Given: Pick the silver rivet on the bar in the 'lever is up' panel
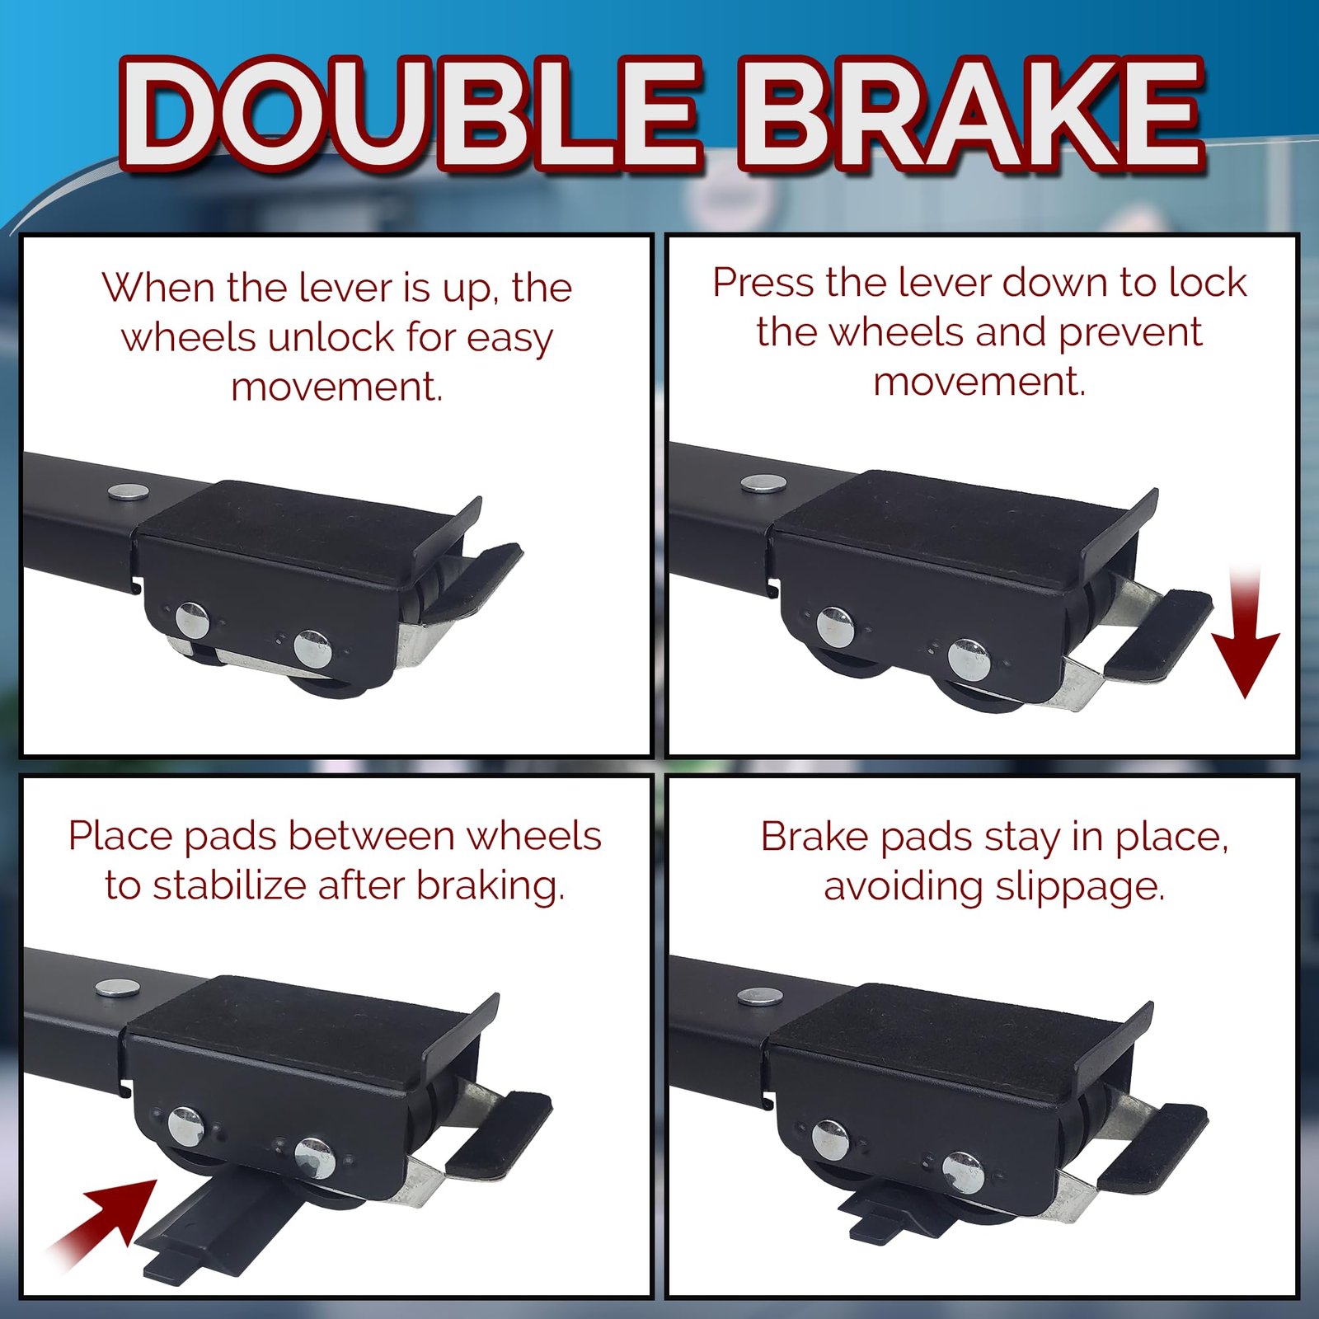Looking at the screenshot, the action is point(129,491).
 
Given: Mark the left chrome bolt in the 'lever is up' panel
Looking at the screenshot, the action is point(192,620).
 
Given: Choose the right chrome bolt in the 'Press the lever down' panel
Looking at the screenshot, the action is point(969,659).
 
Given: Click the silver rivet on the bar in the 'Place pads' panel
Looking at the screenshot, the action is point(117,988).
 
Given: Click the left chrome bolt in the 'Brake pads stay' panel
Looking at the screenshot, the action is point(830,1139).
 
